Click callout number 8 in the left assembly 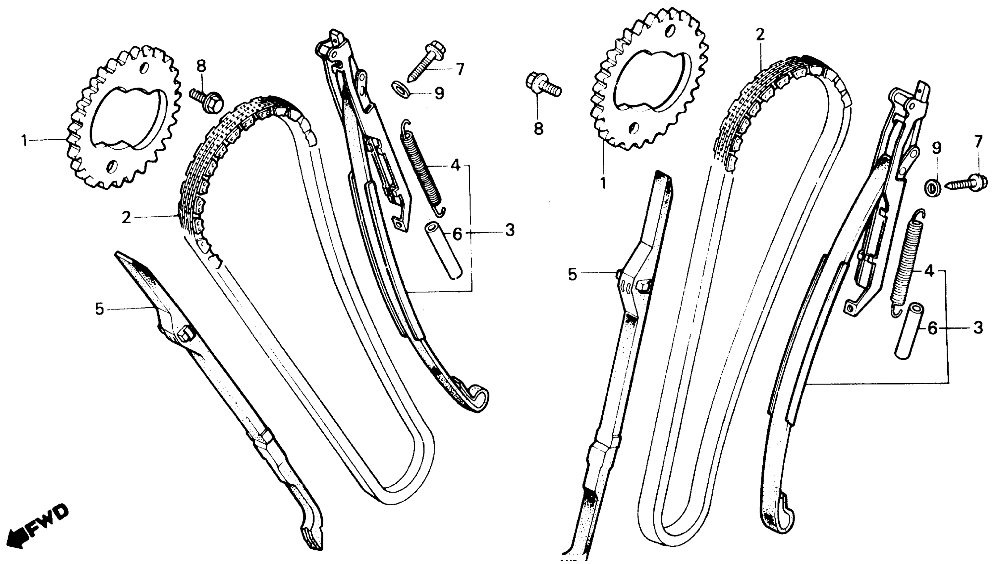[x=201, y=66]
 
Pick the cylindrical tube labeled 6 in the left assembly [x=444, y=249]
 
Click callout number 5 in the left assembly [x=99, y=309]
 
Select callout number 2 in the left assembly [x=127, y=218]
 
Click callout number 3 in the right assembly [x=977, y=328]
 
